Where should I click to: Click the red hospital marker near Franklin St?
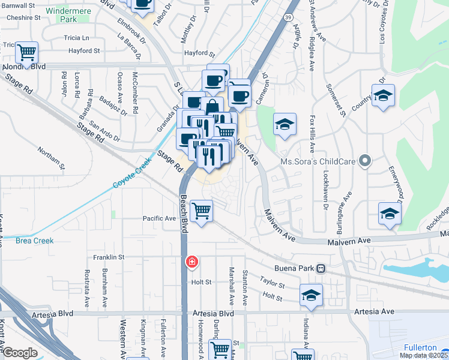tap(191, 262)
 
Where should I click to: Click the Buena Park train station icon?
tap(322, 269)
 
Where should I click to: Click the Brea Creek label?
tap(35, 241)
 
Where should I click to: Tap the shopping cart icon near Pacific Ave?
tap(201, 211)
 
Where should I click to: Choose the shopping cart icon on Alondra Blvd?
tap(26, 52)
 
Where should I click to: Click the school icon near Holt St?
tap(311, 295)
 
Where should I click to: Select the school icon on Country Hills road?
tap(382, 95)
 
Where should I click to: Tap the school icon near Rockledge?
tap(389, 214)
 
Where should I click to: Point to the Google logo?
tap(19, 353)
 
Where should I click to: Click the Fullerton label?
tap(420, 347)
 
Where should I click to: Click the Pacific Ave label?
tap(159, 218)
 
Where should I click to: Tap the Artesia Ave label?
tap(374, 311)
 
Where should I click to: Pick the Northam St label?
tap(50, 155)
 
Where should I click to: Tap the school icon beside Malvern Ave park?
tap(285, 124)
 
